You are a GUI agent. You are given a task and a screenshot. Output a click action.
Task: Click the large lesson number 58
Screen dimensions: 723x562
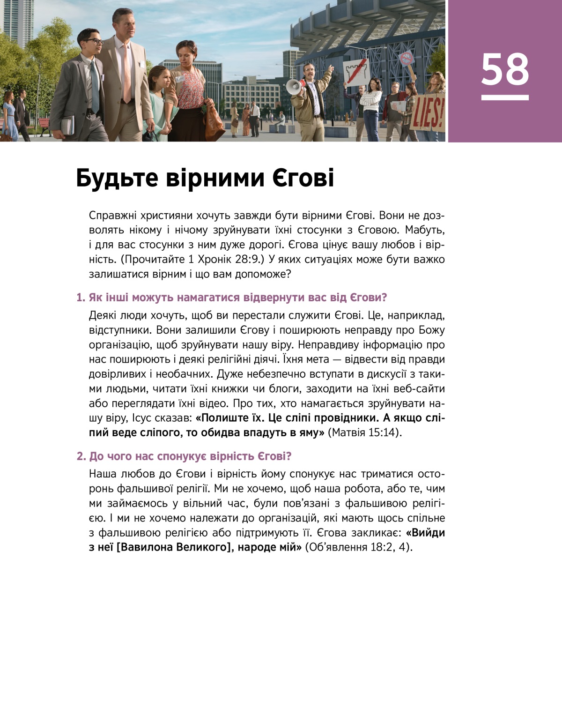(x=504, y=69)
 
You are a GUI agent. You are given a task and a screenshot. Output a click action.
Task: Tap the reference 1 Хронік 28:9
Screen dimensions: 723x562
(x=225, y=259)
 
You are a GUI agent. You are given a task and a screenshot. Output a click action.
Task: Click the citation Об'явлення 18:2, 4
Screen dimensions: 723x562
(x=359, y=547)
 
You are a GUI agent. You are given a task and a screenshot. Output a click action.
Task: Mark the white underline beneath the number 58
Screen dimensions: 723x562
(x=504, y=98)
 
